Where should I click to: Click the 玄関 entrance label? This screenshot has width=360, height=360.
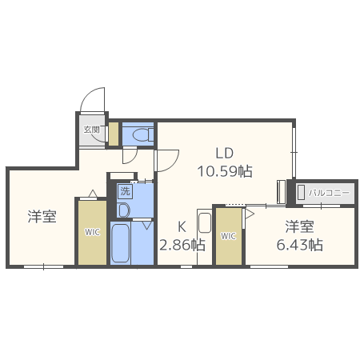pyautogui.click(x=91, y=130)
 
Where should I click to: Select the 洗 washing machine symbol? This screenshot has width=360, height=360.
pyautogui.click(x=124, y=191)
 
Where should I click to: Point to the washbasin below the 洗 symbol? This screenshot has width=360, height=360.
pyautogui.click(x=123, y=209)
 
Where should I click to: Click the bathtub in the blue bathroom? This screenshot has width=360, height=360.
pyautogui.click(x=122, y=243)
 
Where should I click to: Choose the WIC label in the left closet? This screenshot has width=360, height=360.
pyautogui.click(x=92, y=233)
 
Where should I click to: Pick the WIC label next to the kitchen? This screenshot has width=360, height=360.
pyautogui.click(x=228, y=236)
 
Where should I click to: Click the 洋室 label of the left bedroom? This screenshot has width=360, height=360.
pyautogui.click(x=42, y=216)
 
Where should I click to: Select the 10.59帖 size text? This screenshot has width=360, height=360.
pyautogui.click(x=225, y=170)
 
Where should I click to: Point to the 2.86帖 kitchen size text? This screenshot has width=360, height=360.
pyautogui.click(x=182, y=245)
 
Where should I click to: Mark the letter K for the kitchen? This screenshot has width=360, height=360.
pyautogui.click(x=182, y=226)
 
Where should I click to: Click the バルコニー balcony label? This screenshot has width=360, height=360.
pyautogui.click(x=326, y=192)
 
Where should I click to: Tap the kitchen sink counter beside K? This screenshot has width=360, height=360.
pyautogui.click(x=203, y=236)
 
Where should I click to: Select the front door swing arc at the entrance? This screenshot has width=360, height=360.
pyautogui.click(x=94, y=102)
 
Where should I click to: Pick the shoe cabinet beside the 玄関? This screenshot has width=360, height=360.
pyautogui.click(x=113, y=134)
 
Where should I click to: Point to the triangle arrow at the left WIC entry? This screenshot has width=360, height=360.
pyautogui.click(x=93, y=194)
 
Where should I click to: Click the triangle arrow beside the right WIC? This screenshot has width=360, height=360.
pyautogui.click(x=249, y=214)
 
